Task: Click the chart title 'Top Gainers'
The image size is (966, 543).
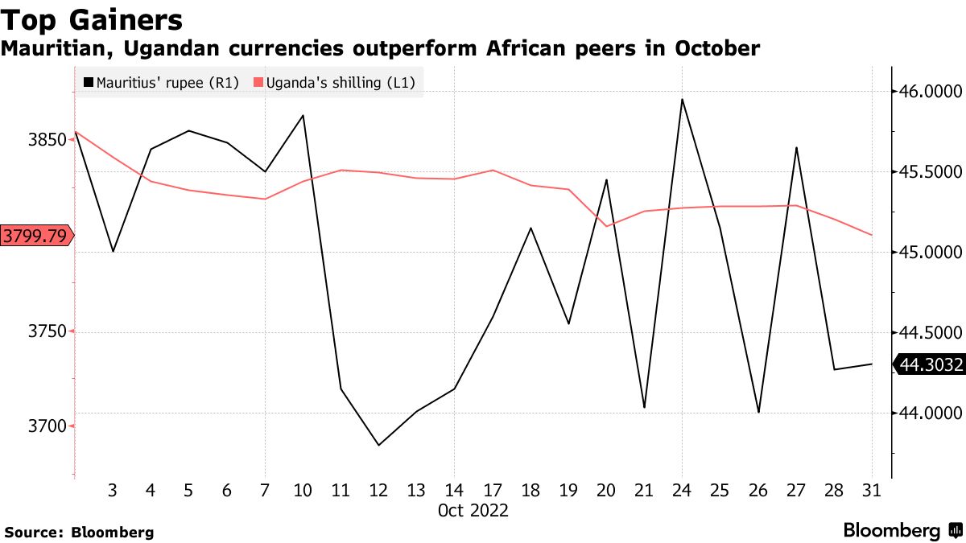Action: [91, 19]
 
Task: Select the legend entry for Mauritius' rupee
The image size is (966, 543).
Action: [161, 82]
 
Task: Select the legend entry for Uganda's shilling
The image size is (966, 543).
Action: [335, 82]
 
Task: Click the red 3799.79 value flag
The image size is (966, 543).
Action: [35, 236]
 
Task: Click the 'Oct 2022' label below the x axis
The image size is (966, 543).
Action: [473, 511]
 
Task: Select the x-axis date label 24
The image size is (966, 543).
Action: [682, 490]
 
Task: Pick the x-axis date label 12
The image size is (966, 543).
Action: [378, 490]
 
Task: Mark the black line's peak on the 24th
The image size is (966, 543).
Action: [682, 100]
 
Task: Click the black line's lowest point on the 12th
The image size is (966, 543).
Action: [378, 445]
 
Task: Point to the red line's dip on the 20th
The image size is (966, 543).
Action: [606, 226]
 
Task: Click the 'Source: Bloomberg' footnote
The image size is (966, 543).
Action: [79, 532]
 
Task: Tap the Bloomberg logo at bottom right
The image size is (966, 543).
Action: [902, 531]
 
